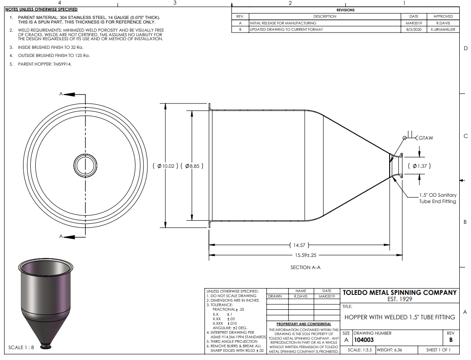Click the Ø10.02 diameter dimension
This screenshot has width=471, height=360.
(165, 166)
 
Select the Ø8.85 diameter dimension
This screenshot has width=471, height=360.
(192, 166)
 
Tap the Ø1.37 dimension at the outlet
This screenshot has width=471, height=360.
(419, 166)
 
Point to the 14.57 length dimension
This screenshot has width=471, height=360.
(299, 245)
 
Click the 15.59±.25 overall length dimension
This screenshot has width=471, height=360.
(306, 255)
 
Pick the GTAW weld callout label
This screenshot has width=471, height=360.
(426, 138)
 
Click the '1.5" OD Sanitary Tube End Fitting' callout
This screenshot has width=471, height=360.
(438, 198)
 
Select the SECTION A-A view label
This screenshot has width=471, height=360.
(305, 267)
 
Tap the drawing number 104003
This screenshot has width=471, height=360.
(364, 340)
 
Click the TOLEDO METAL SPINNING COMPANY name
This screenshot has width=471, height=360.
(400, 293)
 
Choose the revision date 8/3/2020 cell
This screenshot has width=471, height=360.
(414, 29)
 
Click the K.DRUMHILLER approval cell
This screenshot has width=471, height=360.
(443, 29)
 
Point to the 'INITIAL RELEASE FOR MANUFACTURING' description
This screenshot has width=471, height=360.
(283, 23)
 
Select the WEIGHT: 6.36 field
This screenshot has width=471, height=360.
(389, 350)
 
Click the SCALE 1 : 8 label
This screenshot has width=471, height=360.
(21, 347)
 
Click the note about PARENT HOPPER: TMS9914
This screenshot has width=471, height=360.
(45, 64)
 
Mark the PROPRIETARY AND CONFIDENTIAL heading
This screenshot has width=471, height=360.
(304, 324)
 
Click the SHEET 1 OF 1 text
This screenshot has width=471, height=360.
(438, 350)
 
